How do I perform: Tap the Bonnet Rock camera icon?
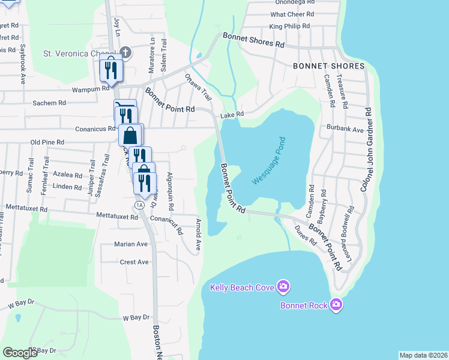tap(336, 305)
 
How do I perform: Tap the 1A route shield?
tap(140, 205)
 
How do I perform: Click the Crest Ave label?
tap(134, 262)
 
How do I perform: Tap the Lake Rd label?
tap(232, 115)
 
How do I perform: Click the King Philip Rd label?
tap(289, 26)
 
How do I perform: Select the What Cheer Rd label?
tap(292, 14)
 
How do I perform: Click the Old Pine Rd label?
tap(47, 142)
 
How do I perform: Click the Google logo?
tap(20, 353)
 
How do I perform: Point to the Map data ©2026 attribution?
tap(423, 355)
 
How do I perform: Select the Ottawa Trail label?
tap(199, 86)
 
